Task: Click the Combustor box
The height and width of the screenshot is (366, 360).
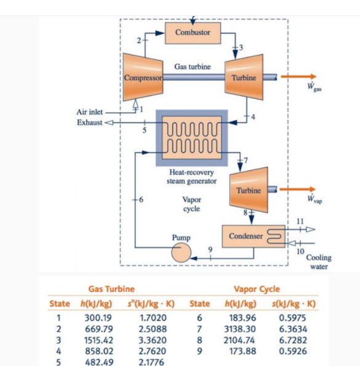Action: (x=193, y=32)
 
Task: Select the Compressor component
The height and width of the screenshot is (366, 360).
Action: (x=143, y=77)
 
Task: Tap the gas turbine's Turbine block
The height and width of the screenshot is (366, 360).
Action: (x=245, y=77)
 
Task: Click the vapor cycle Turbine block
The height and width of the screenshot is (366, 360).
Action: (x=248, y=190)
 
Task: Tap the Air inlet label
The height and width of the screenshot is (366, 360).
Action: (x=89, y=112)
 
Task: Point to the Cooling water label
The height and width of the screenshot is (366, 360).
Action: (x=319, y=262)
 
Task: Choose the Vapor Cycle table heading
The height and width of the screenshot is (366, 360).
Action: (x=257, y=288)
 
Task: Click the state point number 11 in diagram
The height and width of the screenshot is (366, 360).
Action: (x=300, y=221)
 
